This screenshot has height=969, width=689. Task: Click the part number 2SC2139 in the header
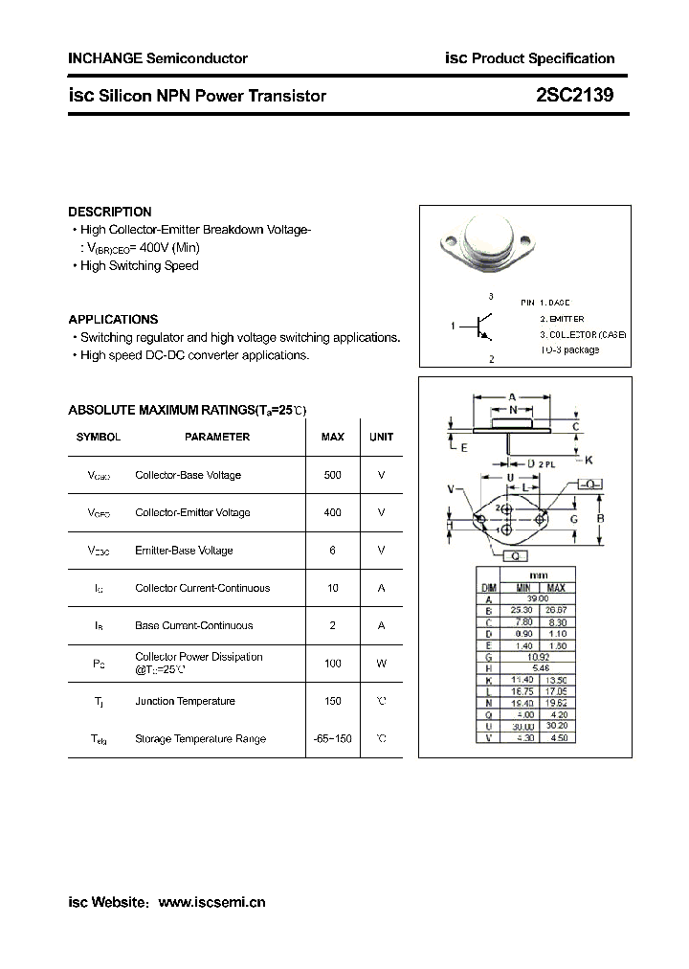575,96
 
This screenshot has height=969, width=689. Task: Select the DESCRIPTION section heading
110,212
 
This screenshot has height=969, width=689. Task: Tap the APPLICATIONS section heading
113,319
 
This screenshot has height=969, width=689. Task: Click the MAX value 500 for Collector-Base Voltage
332,475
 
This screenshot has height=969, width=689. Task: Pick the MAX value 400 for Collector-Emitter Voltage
332,512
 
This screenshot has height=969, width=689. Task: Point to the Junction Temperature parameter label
185,701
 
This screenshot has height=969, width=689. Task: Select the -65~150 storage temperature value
332,738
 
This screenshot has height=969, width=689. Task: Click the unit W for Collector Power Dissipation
381,663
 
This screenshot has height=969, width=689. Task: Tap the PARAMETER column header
217,437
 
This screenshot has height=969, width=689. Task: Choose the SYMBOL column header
99,437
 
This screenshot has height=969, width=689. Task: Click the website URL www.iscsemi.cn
211,902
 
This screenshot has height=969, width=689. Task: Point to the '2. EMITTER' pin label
562,318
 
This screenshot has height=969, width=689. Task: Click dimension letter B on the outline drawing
600,519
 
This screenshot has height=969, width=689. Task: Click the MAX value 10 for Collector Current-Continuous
332,588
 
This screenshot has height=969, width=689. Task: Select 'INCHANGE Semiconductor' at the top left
158,58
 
